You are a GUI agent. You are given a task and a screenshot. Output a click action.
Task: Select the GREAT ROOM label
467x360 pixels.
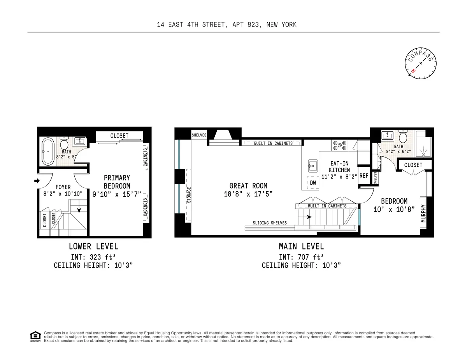click(248, 186)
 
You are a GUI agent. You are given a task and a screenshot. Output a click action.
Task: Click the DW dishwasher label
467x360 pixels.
click(313, 183)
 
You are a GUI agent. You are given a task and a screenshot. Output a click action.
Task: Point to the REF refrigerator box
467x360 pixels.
click(364, 176)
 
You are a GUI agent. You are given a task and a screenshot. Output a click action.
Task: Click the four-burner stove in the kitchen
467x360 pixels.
click(340, 146)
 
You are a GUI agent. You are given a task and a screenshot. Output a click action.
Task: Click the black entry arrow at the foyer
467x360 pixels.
click(37, 181)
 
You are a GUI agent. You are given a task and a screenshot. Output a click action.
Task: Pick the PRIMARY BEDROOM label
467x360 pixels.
click(117, 182)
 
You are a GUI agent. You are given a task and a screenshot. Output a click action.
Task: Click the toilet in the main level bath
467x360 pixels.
click(403, 137)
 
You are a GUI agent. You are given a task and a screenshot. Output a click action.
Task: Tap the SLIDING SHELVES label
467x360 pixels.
click(270, 223)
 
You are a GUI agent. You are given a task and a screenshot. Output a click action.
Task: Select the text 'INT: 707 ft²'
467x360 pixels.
click(301, 257)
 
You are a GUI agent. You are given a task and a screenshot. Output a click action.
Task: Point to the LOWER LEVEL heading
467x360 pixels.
click(93, 246)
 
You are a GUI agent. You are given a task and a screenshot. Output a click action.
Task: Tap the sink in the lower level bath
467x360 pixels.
click(81, 141)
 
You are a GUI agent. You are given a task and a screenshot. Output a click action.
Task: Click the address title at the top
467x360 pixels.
click(226, 24)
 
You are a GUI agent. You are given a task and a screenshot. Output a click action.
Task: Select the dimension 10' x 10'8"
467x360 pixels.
click(394, 209)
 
